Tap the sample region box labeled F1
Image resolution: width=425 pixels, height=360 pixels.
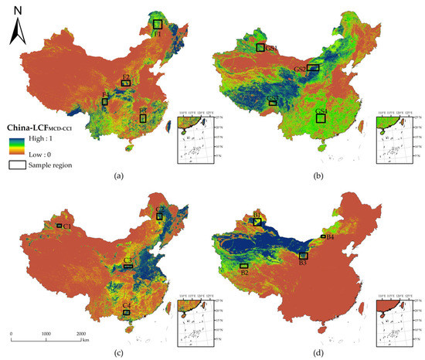[158, 25]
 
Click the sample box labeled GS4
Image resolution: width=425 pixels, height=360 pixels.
[321, 118]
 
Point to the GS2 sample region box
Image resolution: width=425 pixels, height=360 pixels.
[313, 69]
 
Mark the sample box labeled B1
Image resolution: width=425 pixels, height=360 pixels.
[257, 222]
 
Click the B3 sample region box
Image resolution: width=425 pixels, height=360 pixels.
[304, 255]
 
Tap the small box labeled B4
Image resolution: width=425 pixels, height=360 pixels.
[322, 236]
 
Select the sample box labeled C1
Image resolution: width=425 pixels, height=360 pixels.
[59, 226]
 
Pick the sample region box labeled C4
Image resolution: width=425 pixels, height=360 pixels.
[126, 312]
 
